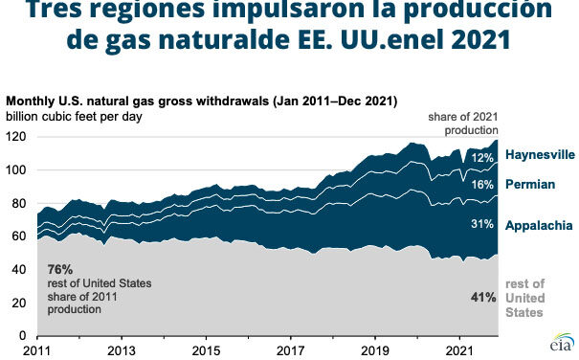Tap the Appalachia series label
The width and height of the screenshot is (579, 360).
click(x=539, y=225)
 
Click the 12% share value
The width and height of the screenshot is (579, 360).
click(x=482, y=156)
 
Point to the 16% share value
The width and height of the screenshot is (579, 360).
click(x=482, y=183)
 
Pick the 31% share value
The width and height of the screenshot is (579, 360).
click(x=482, y=225)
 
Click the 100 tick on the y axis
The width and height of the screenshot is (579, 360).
click(x=16, y=170)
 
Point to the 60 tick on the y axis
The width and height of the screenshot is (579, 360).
click(x=19, y=236)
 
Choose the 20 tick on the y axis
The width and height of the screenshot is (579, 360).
click(x=19, y=303)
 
